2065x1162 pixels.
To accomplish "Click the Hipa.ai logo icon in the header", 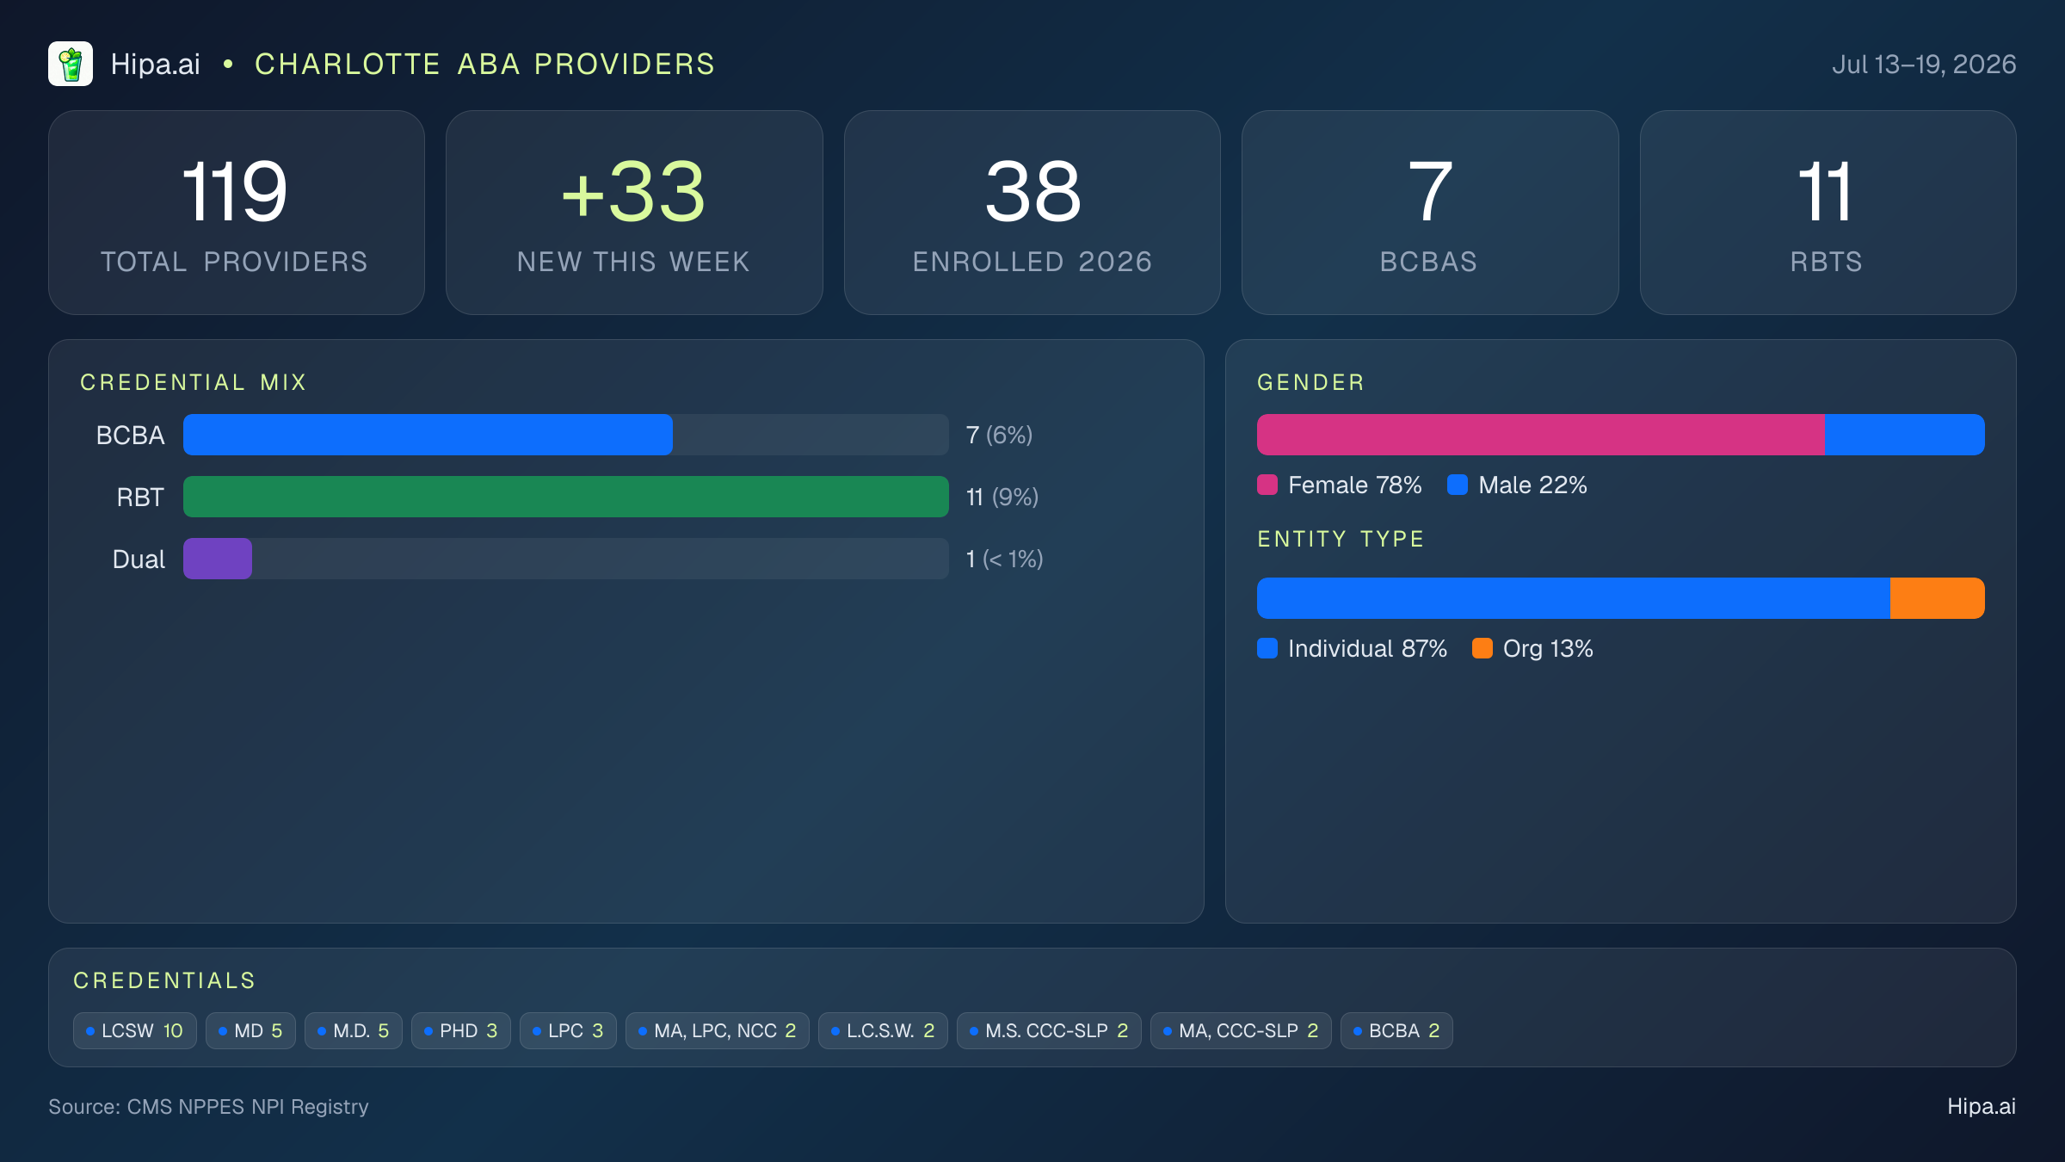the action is tap(71, 64).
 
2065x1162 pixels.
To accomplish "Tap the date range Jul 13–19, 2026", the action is tap(1924, 65).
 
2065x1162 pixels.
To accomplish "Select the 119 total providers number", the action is tap(235, 192).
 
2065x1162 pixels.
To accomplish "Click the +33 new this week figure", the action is tap(633, 192).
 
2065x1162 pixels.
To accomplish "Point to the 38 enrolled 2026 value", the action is tap(1032, 192).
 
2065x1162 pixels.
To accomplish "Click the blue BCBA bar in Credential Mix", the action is tap(428, 435).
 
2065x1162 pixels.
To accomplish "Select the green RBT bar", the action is tap(566, 497).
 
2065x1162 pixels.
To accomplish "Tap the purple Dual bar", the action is tap(218, 559).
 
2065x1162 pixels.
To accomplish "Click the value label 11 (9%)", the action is tap(1002, 497).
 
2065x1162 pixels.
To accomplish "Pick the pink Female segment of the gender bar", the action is tap(1541, 435).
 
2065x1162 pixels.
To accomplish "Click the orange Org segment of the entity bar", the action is tap(1938, 598).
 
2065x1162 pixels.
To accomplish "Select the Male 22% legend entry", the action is tap(1517, 485).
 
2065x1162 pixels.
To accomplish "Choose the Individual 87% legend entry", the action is tap(1352, 648).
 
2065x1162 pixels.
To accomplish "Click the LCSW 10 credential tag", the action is tap(135, 1030).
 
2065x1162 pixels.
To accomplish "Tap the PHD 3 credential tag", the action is tap(461, 1030).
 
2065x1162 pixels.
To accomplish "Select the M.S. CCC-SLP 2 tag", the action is tap(1049, 1030).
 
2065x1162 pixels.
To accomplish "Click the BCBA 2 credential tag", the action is tap(1396, 1030).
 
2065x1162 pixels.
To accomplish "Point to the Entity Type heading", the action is tap(1341, 539).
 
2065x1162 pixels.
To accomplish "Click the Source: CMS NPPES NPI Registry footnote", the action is tap(208, 1106).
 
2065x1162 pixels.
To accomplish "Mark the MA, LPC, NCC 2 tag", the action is tap(718, 1030).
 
